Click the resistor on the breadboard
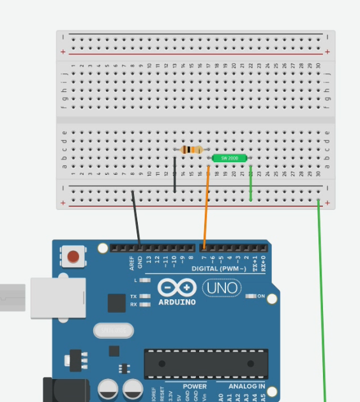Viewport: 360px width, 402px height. click(x=191, y=149)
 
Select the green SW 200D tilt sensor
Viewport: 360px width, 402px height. click(x=229, y=158)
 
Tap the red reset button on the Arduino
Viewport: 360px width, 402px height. click(x=73, y=257)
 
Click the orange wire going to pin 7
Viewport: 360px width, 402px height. click(x=206, y=211)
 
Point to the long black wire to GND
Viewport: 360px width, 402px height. click(x=136, y=220)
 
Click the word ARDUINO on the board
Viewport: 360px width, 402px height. click(x=177, y=302)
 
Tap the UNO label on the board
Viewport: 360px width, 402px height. click(x=222, y=288)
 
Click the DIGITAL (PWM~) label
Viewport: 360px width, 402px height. click(x=219, y=269)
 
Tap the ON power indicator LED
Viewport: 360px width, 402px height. click(x=251, y=296)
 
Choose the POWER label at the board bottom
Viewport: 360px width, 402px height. click(x=195, y=386)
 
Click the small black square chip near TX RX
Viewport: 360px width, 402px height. click(x=116, y=302)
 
